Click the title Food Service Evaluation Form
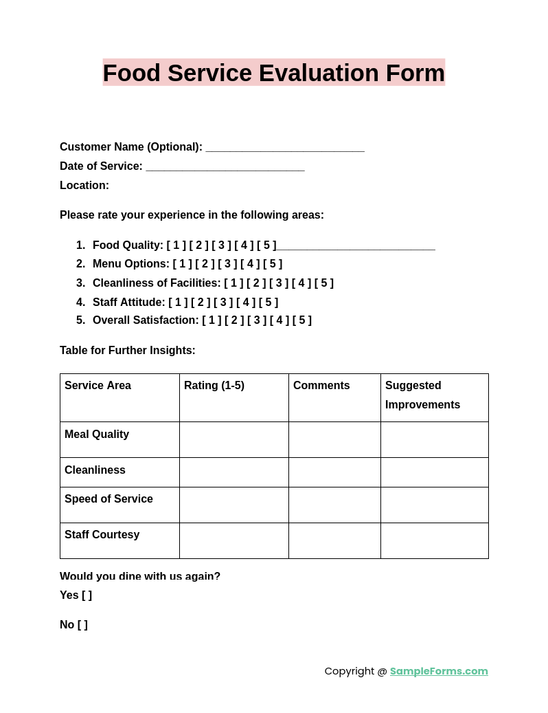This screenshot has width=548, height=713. pyautogui.click(x=273, y=73)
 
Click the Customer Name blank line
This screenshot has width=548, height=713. pyautogui.click(x=284, y=147)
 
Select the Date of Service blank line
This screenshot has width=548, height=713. pyautogui.click(x=225, y=166)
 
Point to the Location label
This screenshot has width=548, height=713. pyautogui.click(x=84, y=186)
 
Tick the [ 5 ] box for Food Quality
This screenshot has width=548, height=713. pyautogui.click(x=266, y=245)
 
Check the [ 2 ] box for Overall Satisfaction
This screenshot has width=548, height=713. pyautogui.click(x=234, y=320)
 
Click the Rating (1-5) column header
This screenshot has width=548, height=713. pyautogui.click(x=214, y=386)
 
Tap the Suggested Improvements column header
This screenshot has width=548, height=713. pyautogui.click(x=422, y=395)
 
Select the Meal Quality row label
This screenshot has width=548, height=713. pyautogui.click(x=97, y=435)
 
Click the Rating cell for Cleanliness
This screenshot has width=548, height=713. pyautogui.click(x=233, y=472)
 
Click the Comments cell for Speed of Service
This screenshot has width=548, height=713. pyautogui.click(x=334, y=505)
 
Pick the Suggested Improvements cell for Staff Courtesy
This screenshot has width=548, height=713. pyautogui.click(x=434, y=540)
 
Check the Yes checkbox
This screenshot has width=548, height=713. pyautogui.click(x=87, y=595)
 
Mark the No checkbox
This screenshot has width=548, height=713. pyautogui.click(x=82, y=625)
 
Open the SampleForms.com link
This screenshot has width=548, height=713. pyautogui.click(x=439, y=671)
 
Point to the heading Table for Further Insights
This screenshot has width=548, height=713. pyautogui.click(x=128, y=351)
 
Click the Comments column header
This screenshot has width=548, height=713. pyautogui.click(x=321, y=386)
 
